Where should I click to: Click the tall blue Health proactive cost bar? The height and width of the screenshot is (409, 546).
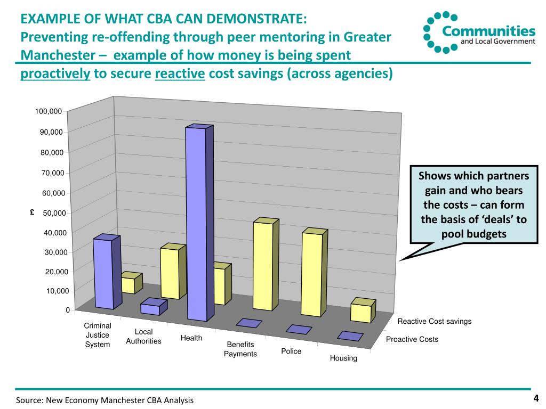pyautogui.click(x=199, y=223)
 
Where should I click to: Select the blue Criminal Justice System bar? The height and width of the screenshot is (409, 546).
pyautogui.click(x=107, y=272)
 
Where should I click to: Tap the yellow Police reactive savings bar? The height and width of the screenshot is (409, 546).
pyautogui.click(x=315, y=272)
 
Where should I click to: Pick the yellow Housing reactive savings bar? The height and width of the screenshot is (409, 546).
pyautogui.click(x=363, y=310)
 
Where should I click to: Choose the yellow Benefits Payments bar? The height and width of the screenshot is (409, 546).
pyautogui.click(x=266, y=264)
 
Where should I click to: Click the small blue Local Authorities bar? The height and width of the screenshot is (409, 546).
pyautogui.click(x=154, y=307)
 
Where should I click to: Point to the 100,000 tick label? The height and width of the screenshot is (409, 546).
pyautogui.click(x=49, y=111)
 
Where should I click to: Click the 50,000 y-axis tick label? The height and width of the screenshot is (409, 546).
pyautogui.click(x=54, y=213)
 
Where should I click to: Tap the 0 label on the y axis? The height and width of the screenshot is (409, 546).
pyautogui.click(x=68, y=310)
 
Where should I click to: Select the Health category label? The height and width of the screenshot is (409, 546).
pyautogui.click(x=191, y=338)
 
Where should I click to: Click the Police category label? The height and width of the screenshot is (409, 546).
pyautogui.click(x=291, y=351)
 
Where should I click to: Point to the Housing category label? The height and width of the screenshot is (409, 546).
pyautogui.click(x=343, y=358)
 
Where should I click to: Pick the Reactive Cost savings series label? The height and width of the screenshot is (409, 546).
pyautogui.click(x=435, y=321)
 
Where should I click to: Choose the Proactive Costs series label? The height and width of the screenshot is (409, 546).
pyautogui.click(x=412, y=339)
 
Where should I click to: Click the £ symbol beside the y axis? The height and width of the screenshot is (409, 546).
pyautogui.click(x=33, y=212)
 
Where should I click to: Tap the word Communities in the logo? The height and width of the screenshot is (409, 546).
pyautogui.click(x=489, y=31)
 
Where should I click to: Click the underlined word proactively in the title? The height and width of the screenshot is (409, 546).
pyautogui.click(x=55, y=73)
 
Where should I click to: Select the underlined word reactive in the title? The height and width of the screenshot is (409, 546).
pyautogui.click(x=180, y=73)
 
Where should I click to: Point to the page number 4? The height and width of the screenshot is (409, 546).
pyautogui.click(x=536, y=398)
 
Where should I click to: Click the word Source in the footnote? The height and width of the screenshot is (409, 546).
pyautogui.click(x=30, y=400)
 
